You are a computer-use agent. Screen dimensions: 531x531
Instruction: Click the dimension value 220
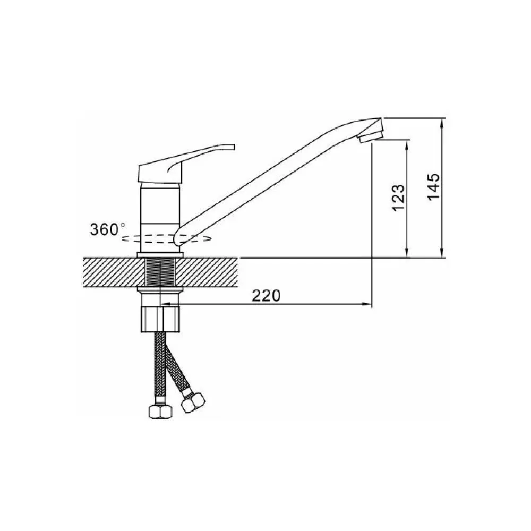pyautogui.click(x=266, y=296)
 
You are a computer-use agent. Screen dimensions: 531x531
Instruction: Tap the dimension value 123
pyautogui.click(x=398, y=198)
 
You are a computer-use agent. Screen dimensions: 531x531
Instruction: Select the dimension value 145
pyautogui.click(x=434, y=187)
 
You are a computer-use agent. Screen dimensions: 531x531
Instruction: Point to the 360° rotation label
pyautogui.click(x=107, y=229)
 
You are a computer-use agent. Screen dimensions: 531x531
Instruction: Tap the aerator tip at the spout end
pyautogui.click(x=371, y=136)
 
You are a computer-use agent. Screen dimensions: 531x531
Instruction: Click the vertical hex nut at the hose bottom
pyautogui.click(x=160, y=411)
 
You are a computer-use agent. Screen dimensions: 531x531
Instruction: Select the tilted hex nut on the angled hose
pyautogui.click(x=193, y=402)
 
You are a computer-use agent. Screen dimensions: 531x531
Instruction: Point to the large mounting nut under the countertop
pyautogui.click(x=160, y=319)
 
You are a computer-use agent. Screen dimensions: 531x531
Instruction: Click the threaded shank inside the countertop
pyautogui.click(x=160, y=272)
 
